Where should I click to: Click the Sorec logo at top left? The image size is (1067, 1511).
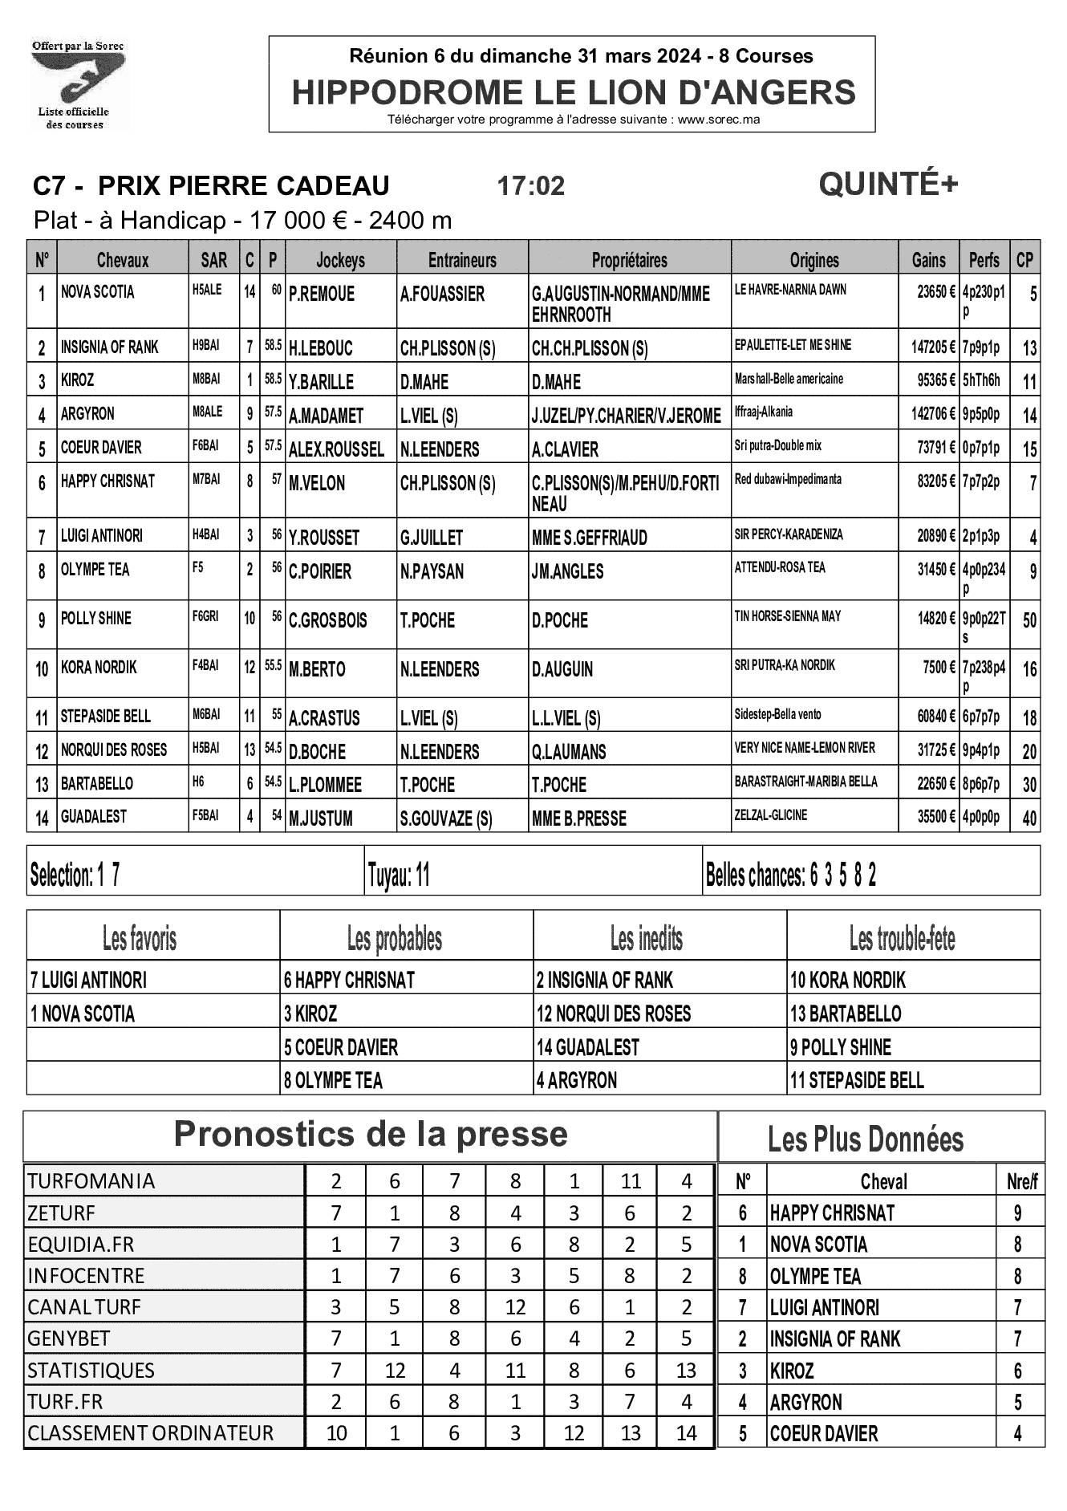(x=78, y=84)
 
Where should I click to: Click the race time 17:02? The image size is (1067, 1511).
(x=530, y=186)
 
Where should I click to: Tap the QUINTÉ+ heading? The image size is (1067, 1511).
(x=888, y=185)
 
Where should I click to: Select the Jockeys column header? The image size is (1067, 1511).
(x=340, y=260)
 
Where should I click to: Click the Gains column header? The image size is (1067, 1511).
(x=928, y=260)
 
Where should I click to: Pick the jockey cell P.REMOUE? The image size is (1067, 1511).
(x=322, y=294)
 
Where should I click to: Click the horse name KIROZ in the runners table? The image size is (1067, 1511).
(x=78, y=380)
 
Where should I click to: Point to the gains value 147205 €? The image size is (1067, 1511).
(x=933, y=347)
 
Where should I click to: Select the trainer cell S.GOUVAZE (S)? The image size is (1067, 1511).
(x=446, y=818)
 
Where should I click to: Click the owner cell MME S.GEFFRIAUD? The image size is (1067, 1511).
(x=589, y=538)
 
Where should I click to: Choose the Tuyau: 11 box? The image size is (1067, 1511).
(x=399, y=875)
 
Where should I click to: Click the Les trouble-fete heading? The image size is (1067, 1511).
(x=902, y=937)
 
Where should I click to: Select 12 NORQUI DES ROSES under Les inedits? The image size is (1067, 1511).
(x=614, y=1013)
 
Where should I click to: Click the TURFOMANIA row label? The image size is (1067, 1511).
(x=91, y=1181)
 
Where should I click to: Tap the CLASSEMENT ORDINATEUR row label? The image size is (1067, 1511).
(x=151, y=1432)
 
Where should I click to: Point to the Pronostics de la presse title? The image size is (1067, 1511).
(x=370, y=1135)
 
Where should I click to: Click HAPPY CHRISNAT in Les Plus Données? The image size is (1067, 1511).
(x=832, y=1212)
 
